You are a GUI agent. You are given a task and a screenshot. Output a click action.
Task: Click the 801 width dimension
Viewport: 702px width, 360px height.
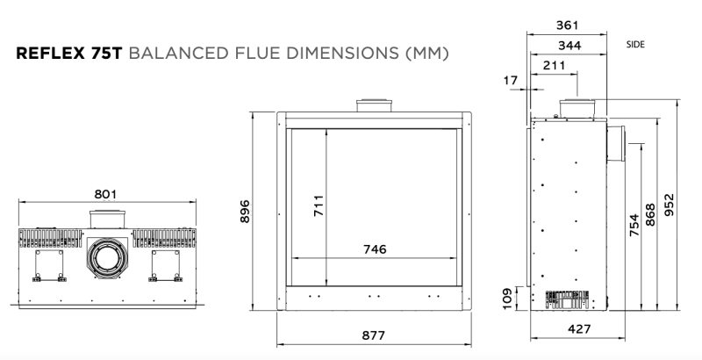105,194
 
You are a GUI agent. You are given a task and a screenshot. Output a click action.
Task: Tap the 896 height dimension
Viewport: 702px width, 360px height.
245,212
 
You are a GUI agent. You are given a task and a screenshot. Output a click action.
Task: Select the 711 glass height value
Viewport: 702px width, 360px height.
319,205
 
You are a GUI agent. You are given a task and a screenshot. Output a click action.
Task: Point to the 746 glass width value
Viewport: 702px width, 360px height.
375,249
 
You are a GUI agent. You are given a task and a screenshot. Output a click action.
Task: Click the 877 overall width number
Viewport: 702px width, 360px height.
374,335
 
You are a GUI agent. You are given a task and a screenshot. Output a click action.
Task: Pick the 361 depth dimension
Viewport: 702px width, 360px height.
567,25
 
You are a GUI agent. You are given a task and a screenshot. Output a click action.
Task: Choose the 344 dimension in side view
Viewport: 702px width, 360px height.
569,46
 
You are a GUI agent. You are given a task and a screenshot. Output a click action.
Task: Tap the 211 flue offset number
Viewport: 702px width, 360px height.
554,66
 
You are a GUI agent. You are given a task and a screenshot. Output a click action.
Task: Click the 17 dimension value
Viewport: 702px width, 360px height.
511,81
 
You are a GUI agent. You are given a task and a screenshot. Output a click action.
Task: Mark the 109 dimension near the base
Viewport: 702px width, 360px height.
507,299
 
